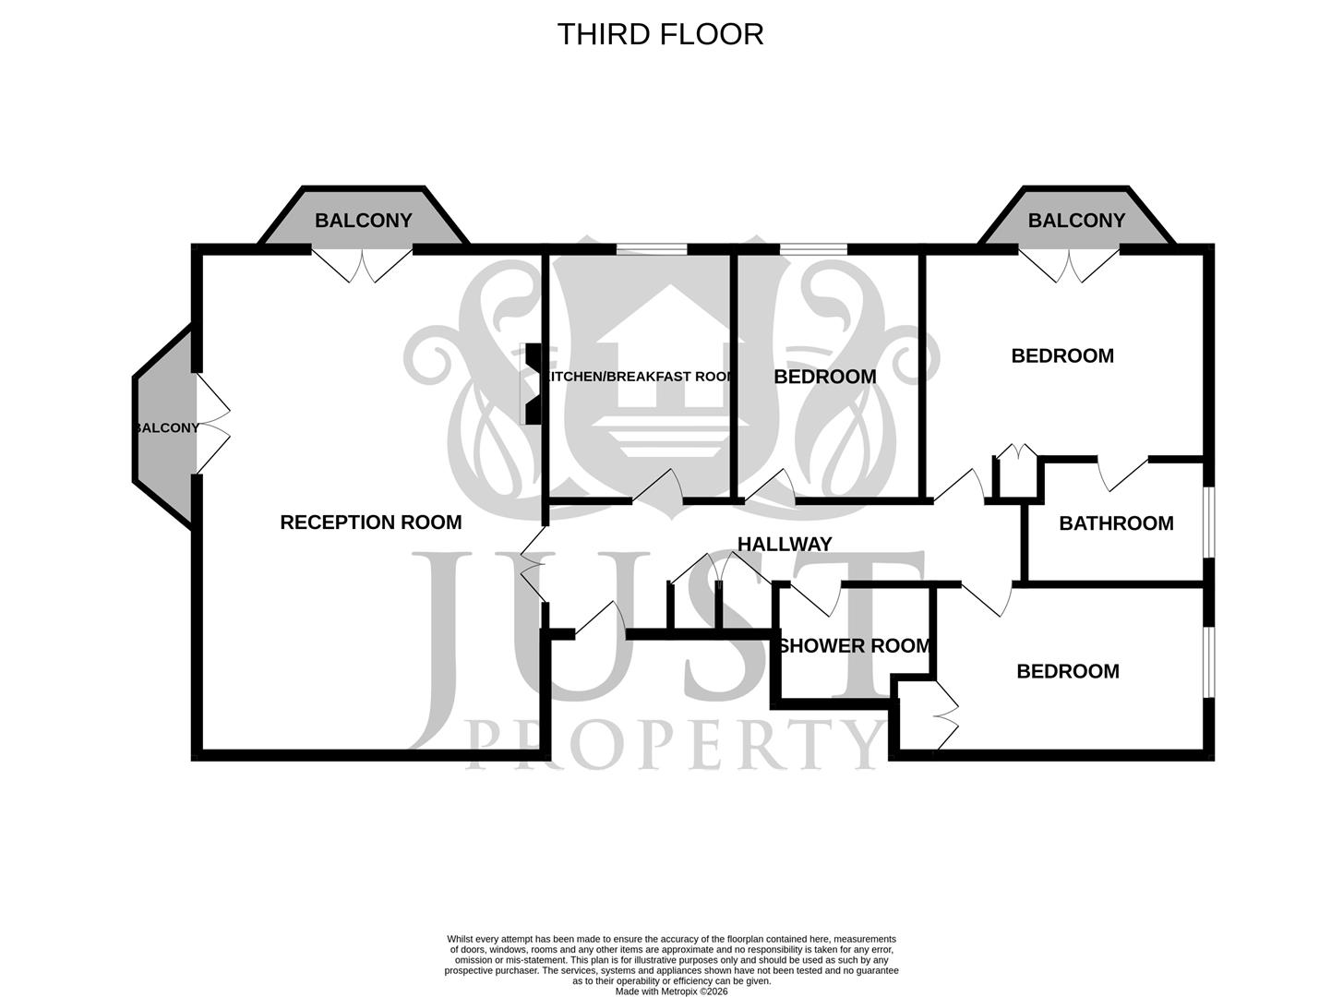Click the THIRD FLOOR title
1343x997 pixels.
(x=660, y=34)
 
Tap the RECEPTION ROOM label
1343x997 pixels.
(x=370, y=523)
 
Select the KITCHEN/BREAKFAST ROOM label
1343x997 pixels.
(x=639, y=377)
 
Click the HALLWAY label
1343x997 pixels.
(x=785, y=545)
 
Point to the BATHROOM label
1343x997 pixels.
(x=1116, y=523)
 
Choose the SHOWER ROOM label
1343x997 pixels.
(x=854, y=646)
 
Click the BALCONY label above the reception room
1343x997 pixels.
(x=364, y=221)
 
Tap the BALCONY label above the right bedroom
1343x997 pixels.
(x=1076, y=221)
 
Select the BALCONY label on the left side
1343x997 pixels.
(x=167, y=428)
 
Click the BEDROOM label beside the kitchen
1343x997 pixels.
(x=824, y=377)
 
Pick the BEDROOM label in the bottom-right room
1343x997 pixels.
(x=1067, y=671)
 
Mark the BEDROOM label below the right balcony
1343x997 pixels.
(x=1062, y=355)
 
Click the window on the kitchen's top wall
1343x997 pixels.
(x=652, y=248)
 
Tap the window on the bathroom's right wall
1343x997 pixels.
(x=1209, y=523)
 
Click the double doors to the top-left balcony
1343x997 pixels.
(x=362, y=262)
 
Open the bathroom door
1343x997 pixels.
(x=1122, y=471)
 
